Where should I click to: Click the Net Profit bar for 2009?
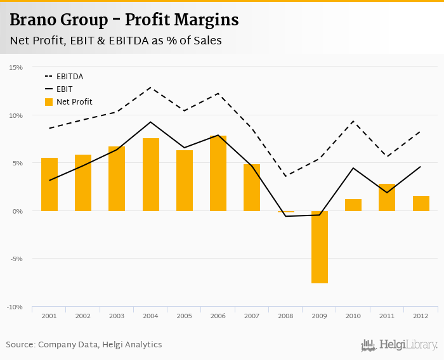tap(319, 247)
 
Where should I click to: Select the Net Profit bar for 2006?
tap(218, 173)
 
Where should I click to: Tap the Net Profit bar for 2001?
tap(49, 184)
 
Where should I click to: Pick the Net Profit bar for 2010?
tap(353, 205)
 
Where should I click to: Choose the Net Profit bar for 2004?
tap(151, 174)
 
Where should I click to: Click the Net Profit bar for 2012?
tap(421, 203)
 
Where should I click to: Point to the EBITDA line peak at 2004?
tap(151, 87)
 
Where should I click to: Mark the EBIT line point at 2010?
tap(353, 168)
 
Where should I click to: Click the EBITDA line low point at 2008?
tap(285, 176)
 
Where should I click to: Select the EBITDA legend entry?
tap(69, 76)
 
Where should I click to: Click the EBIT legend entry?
tap(64, 89)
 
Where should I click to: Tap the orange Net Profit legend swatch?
tap(49, 101)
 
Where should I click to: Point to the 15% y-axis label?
tap(16, 67)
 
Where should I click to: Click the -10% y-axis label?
tap(15, 307)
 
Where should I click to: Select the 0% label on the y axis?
tap(17, 211)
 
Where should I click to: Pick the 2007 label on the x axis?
tap(252, 316)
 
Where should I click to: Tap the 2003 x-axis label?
tap(117, 316)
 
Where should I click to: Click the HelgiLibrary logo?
tap(400, 345)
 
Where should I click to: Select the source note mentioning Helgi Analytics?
tap(84, 345)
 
